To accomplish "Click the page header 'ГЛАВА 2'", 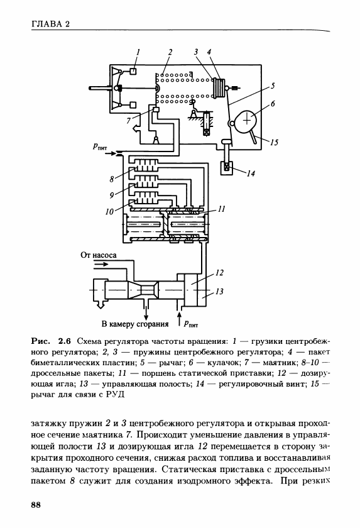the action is pos(50,24).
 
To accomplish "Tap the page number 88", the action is pos(36,505).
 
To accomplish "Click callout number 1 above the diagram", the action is pos(138,52).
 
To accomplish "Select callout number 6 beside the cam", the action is pos(273,103).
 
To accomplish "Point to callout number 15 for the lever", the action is pos(274,142).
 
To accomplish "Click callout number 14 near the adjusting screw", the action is pos(251,173).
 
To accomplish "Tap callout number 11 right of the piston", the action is pos(221,209).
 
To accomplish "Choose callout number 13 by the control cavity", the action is pos(219,291).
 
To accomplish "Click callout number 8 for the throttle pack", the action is pos(112,179).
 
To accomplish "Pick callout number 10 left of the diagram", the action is pos(109,212).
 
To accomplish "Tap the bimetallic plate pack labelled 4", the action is pos(219,87).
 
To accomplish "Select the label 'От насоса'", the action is pos(98,255).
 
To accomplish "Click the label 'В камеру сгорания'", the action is pos(135,324).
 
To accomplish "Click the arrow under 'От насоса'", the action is pos(101,265).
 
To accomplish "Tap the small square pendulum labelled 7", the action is pos(156,109).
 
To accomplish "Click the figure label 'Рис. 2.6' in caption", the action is pos(51,341).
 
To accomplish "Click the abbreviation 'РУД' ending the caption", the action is pos(116,394).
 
